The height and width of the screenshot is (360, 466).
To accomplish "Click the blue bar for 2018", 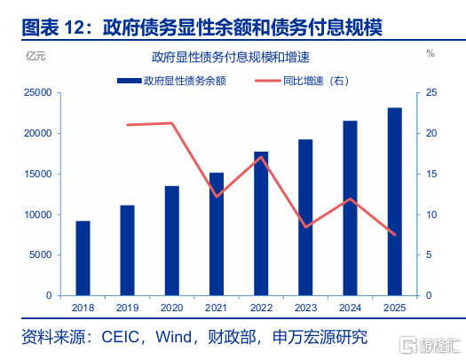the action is click(83, 258).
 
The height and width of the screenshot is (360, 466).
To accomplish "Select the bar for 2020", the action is click(172, 240).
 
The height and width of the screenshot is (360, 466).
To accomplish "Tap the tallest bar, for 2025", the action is click(395, 201).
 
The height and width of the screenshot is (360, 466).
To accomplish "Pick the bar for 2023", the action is click(305, 217).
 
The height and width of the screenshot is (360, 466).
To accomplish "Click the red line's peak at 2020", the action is click(172, 123).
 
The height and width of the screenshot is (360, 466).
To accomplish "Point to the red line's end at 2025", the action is click(395, 235).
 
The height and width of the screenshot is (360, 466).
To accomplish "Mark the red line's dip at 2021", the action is click(217, 197).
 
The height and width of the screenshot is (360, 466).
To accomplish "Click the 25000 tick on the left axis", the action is click(38, 92).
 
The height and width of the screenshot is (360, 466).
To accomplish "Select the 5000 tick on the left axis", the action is click(41, 255).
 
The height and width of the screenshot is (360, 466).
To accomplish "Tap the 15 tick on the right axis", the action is click(431, 174).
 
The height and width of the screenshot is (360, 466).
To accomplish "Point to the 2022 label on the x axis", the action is click(261, 308).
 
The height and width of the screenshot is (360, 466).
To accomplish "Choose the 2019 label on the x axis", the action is click(128, 308).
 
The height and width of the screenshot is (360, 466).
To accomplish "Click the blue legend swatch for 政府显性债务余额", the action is click(130, 81).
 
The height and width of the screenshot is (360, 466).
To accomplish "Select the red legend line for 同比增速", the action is click(268, 81).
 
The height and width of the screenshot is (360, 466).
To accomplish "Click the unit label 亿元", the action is click(36, 56).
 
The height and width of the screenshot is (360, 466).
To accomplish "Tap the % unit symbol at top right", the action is click(430, 54).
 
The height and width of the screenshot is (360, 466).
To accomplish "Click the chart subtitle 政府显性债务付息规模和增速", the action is click(231, 57).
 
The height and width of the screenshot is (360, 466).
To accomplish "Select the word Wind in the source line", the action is click(174, 337).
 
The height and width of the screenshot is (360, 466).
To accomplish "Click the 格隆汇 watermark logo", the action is click(430, 345).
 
